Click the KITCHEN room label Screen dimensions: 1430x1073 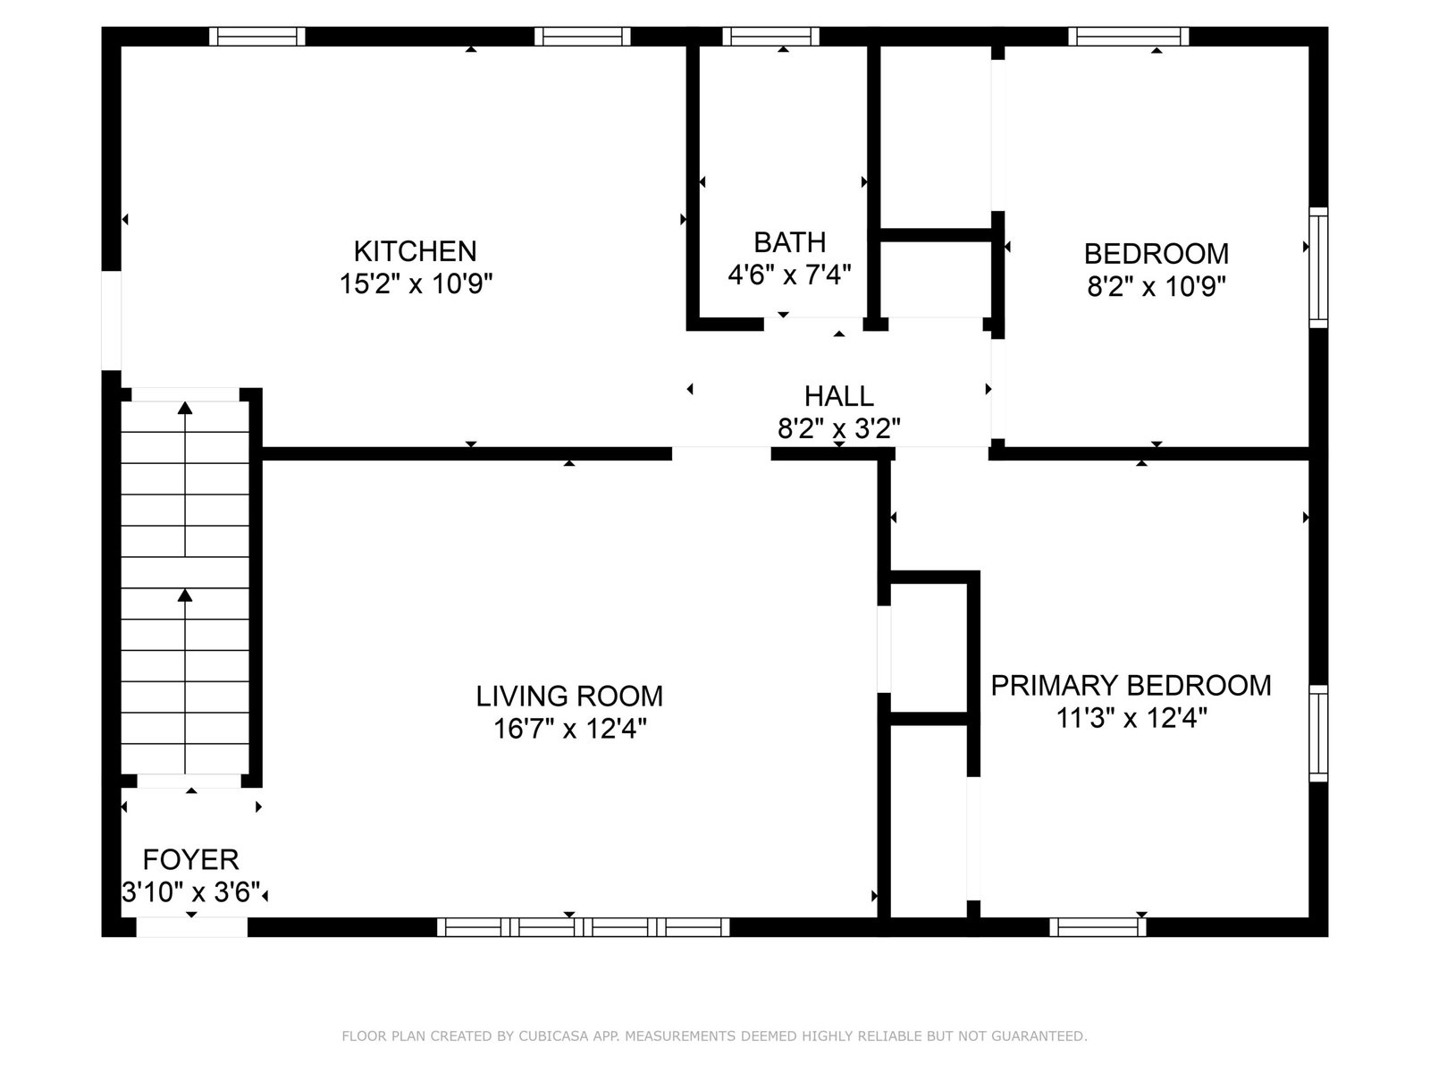(415, 251)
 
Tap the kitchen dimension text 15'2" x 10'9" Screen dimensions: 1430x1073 (416, 283)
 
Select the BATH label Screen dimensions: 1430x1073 (789, 242)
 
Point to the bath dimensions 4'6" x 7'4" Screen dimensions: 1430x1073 (789, 275)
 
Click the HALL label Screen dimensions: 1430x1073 (838, 396)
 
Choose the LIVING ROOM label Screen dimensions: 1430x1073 (569, 697)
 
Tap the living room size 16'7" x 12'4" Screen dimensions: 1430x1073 (569, 729)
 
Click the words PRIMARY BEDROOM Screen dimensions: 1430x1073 (1131, 686)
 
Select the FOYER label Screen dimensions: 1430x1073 (191, 860)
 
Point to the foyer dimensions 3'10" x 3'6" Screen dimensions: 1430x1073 (191, 891)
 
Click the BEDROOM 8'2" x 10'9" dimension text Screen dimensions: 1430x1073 (1157, 286)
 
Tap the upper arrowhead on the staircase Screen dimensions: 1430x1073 (186, 408)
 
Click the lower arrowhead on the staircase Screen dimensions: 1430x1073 (186, 596)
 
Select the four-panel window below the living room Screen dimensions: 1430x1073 (583, 927)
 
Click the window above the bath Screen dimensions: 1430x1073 (770, 37)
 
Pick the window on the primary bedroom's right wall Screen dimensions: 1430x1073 (1318, 733)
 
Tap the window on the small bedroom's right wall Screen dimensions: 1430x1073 (1318, 267)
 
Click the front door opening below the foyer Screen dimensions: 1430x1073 (191, 927)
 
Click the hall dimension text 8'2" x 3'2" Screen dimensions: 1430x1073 (839, 428)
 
